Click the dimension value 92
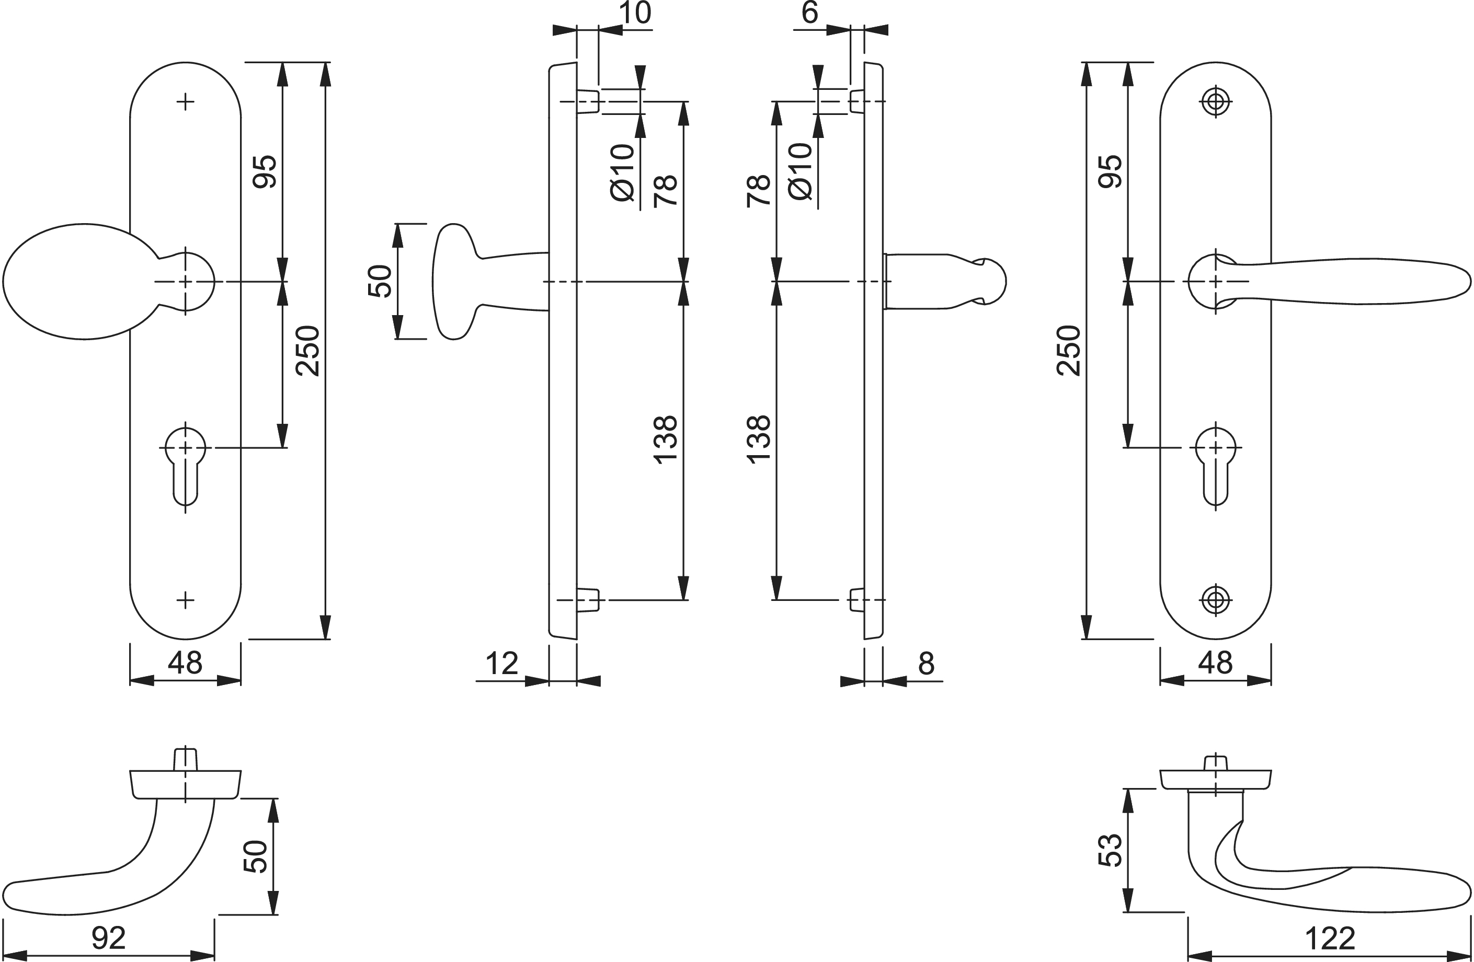coord(109,938)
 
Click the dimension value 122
coord(1330,938)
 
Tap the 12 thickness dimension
coord(501,664)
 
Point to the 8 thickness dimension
coord(926,663)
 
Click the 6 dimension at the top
coord(809,13)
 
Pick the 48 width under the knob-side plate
coord(185,663)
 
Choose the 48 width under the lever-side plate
coord(1215,663)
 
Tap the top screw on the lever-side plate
coord(1216,101)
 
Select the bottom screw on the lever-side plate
coord(1216,599)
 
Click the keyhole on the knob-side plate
coord(185,465)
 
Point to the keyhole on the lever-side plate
coord(1216,465)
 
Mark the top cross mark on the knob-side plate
coord(185,101)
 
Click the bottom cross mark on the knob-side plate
coord(185,599)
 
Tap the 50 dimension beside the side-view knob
coord(380,281)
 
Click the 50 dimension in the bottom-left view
coord(255,857)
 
